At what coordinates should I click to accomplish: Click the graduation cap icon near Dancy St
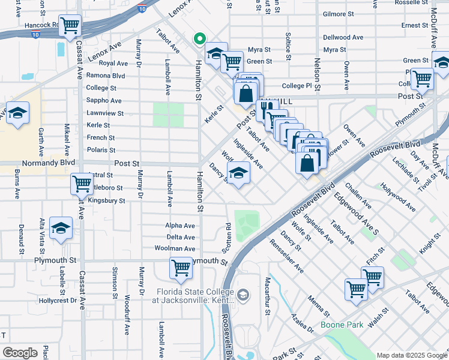tap(239, 174)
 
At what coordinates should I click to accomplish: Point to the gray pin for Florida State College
tap(243, 294)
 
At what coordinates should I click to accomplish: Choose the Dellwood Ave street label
tap(343, 37)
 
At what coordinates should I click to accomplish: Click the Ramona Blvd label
tap(106, 76)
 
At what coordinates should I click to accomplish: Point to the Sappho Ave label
tap(104, 101)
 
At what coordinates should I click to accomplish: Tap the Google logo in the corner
tap(20, 352)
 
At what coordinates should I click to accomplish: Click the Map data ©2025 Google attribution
tap(411, 355)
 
